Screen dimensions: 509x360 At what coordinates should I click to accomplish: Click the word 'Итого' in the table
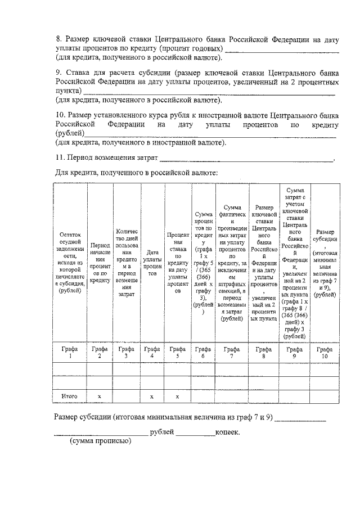point(70,396)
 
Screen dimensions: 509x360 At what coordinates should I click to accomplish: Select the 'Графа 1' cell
point(70,353)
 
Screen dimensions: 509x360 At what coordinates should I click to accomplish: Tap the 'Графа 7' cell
point(231,353)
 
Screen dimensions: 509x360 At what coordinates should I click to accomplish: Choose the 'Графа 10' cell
point(325,353)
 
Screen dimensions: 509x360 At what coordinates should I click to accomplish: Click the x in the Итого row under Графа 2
point(100,396)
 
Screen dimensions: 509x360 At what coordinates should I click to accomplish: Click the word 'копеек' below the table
point(227,433)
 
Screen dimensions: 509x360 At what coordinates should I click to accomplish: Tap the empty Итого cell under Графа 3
point(126,396)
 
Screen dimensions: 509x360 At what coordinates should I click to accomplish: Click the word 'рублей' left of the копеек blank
point(161,433)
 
